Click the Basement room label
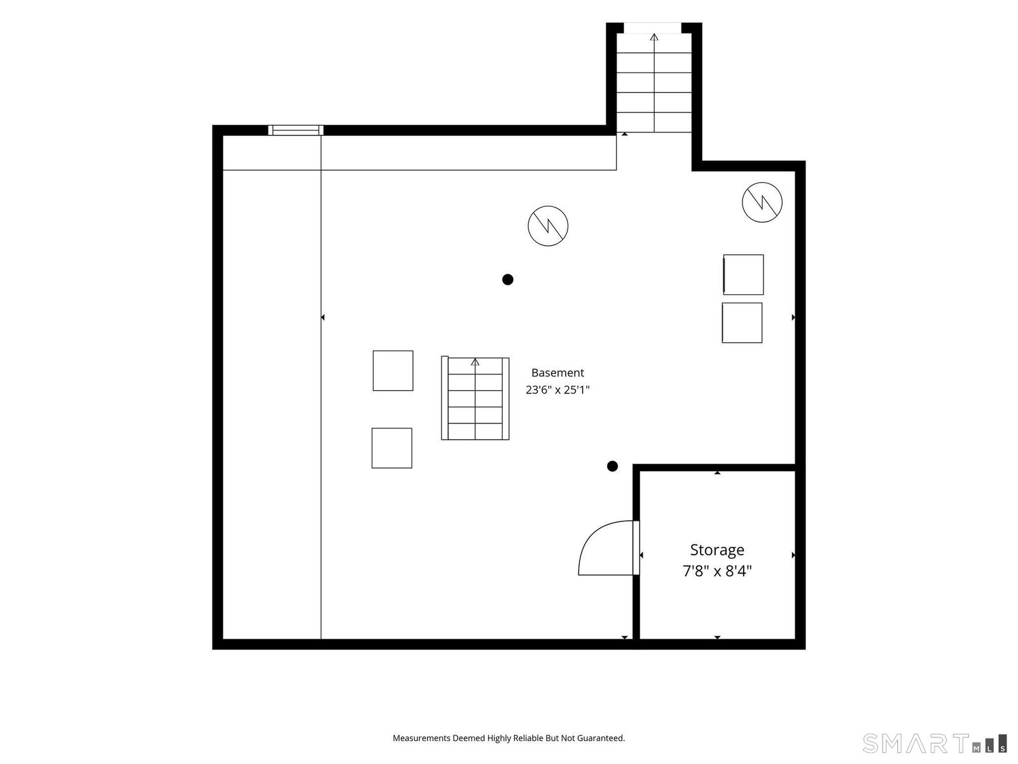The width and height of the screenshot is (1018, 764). click(557, 372)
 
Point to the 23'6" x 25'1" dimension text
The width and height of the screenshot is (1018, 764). click(557, 390)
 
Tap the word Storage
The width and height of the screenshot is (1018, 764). click(716, 550)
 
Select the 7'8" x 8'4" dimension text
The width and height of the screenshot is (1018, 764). click(716, 571)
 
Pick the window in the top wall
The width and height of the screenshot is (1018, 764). click(295, 131)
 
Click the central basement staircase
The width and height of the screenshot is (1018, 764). click(475, 398)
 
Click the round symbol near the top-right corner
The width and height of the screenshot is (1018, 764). click(762, 202)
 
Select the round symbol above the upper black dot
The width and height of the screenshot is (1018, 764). click(548, 226)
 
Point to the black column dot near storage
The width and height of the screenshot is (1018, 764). click(612, 466)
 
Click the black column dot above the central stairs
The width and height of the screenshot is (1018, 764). click(507, 279)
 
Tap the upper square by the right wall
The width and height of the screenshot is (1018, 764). click(743, 274)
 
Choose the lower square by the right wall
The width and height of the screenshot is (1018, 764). click(742, 323)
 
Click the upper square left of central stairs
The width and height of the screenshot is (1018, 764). click(393, 371)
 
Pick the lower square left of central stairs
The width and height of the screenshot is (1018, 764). click(391, 448)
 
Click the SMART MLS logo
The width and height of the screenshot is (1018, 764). click(935, 743)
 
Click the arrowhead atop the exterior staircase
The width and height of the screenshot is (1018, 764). click(654, 37)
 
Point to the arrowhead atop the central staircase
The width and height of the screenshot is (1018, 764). click(475, 362)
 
